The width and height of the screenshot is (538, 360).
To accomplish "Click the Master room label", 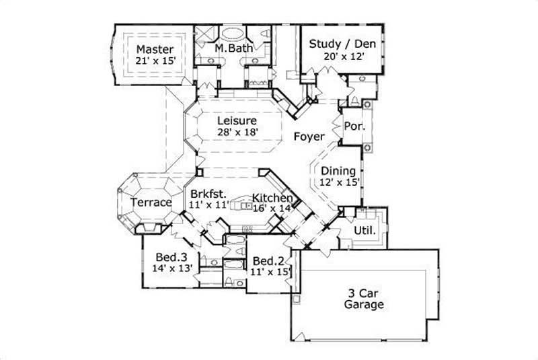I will (x=155, y=49).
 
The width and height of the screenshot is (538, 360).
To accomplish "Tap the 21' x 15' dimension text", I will (x=155, y=61).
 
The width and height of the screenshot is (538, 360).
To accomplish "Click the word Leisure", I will (x=236, y=120).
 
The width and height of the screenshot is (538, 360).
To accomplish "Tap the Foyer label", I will (x=309, y=137).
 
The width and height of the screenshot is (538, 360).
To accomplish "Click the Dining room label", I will (x=338, y=170).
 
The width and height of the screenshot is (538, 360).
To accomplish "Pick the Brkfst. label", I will (x=208, y=194).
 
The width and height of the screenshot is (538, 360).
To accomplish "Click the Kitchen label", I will (x=272, y=198).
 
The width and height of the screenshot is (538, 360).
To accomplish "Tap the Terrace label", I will (x=151, y=202).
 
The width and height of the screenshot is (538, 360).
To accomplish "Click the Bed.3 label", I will (x=171, y=256).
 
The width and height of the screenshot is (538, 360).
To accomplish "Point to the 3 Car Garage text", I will (x=364, y=298).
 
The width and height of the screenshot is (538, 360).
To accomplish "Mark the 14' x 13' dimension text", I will (x=173, y=268).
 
